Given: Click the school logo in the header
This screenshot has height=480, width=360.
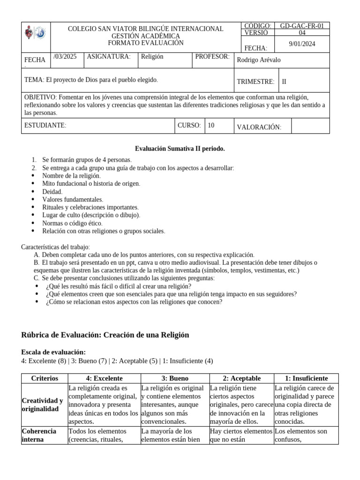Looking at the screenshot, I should point(35,33).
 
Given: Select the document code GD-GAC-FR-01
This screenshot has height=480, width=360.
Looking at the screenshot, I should point(304,26).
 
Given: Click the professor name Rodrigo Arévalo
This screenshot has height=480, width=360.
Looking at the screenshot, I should point(259,60).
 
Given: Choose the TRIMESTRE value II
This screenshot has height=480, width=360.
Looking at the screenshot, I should point(284,82).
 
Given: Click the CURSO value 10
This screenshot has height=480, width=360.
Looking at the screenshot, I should point(211,125).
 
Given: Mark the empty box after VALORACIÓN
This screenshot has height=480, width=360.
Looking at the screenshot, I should point(310,126).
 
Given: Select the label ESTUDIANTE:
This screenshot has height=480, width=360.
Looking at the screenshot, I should point(45,125).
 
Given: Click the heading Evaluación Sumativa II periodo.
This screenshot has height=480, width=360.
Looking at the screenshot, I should point(180,149).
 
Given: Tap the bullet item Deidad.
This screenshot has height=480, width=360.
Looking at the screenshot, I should point(52,192).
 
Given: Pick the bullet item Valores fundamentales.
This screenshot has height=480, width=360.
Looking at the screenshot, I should point(72,200).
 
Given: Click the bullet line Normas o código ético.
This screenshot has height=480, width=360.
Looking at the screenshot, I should point(72,223).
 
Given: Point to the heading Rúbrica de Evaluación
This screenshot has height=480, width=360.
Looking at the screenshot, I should point(105,335).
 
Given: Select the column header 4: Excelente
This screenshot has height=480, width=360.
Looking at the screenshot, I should point(104,378).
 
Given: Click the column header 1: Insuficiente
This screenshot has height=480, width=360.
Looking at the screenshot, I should point(307,378).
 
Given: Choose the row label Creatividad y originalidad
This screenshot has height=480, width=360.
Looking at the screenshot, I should point(42,405).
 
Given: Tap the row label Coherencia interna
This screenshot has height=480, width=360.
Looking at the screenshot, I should point(39,435).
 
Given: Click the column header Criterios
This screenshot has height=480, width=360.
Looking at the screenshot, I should point(45,378).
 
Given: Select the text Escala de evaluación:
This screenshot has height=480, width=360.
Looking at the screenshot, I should point(53,352).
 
